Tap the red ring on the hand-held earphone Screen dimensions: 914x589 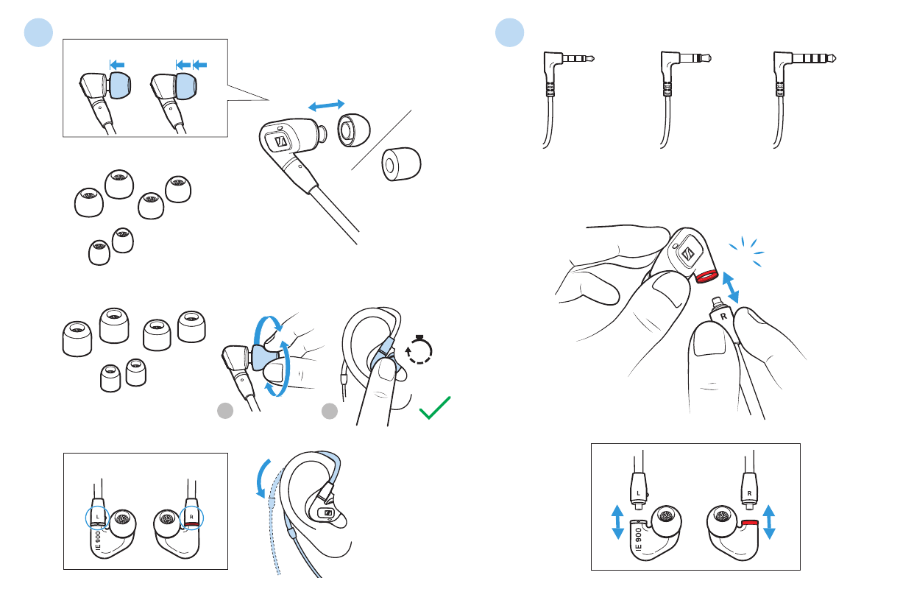click(707, 276)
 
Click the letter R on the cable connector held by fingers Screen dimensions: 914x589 click(723, 316)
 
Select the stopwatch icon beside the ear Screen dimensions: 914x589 click(419, 350)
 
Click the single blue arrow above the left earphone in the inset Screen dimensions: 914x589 click(117, 65)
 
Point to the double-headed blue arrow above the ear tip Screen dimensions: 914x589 click(327, 105)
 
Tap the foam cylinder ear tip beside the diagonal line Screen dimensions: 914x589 click(402, 164)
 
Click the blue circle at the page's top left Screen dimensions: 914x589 click(38, 32)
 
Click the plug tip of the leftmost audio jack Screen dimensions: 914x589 click(591, 58)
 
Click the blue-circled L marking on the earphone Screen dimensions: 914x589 click(97, 518)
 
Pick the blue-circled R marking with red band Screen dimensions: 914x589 click(191, 518)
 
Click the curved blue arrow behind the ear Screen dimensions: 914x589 click(261, 478)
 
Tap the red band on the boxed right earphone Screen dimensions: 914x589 click(750, 523)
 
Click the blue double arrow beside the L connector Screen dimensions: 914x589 click(617, 522)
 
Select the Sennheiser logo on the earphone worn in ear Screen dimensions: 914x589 click(327, 513)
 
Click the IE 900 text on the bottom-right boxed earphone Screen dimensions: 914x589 click(639, 539)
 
